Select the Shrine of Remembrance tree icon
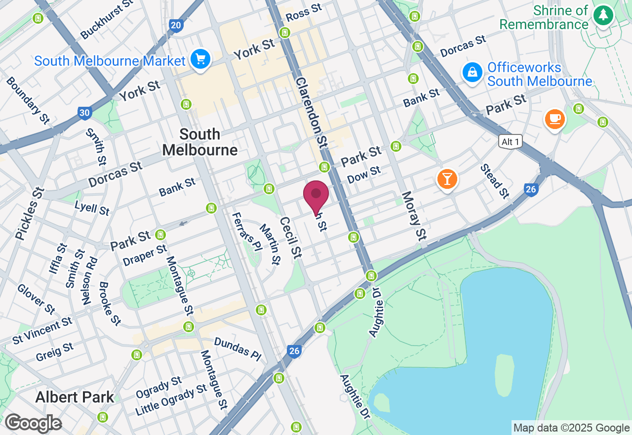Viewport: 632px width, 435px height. pyautogui.click(x=603, y=15)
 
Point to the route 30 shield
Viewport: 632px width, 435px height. pyautogui.click(x=84, y=113)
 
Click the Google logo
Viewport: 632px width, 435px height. pyautogui.click(x=33, y=424)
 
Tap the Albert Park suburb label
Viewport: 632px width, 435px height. pyautogui.click(x=75, y=397)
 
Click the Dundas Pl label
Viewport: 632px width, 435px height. pyautogui.click(x=237, y=349)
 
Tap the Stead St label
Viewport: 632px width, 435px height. pyautogui.click(x=495, y=181)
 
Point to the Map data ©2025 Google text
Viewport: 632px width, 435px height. pyautogui.click(x=571, y=428)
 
